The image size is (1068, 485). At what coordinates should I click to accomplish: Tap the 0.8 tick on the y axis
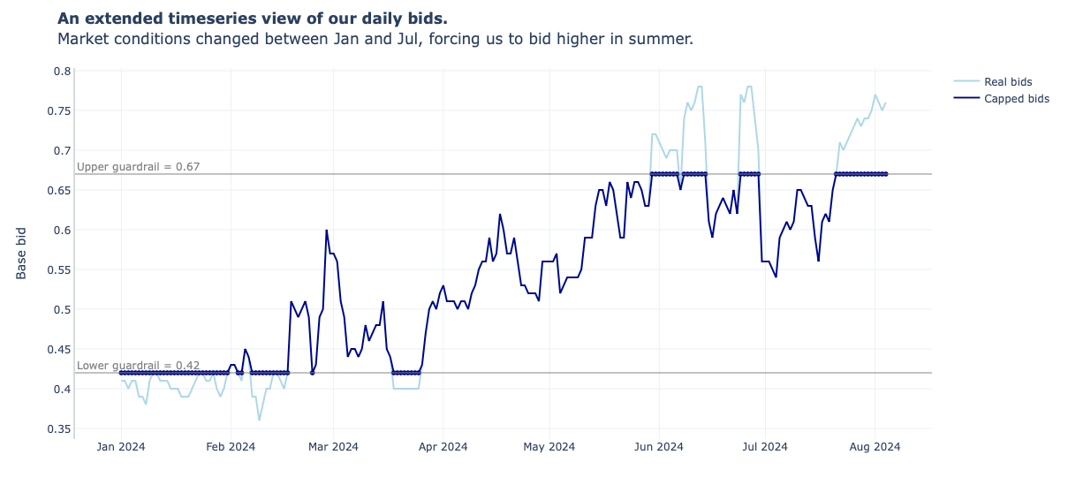[x=62, y=71]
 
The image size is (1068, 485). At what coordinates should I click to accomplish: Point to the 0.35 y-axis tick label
[x=59, y=429]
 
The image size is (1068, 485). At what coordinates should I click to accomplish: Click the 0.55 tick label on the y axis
[x=59, y=270]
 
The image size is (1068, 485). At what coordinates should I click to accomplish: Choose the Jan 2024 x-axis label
[x=121, y=447]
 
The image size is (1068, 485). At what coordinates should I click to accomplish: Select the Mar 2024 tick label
[x=333, y=447]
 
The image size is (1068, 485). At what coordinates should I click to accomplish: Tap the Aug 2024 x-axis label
[x=875, y=447]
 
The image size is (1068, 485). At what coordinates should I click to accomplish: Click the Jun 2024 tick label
[x=658, y=447]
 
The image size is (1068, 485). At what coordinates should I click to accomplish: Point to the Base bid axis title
[x=22, y=253]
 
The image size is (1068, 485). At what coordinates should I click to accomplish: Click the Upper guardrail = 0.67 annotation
[x=138, y=166]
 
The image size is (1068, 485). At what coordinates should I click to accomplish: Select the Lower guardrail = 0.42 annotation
[x=138, y=365]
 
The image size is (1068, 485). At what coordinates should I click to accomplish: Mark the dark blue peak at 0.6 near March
[x=326, y=231]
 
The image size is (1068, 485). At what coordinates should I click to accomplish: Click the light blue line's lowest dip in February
[x=259, y=420]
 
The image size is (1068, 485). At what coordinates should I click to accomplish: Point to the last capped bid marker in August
[x=886, y=174]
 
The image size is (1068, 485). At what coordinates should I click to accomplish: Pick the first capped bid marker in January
[x=121, y=373]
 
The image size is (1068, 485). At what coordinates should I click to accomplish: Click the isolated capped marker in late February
[x=312, y=373]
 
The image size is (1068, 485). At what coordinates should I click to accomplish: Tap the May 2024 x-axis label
[x=549, y=447]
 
